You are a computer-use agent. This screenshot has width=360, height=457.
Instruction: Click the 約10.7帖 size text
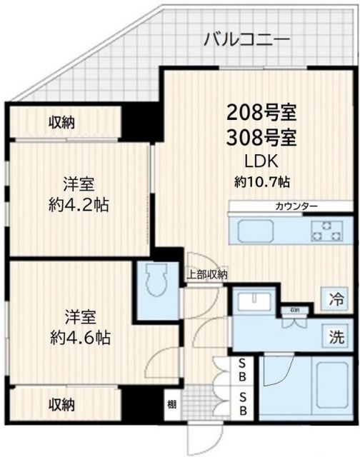261,181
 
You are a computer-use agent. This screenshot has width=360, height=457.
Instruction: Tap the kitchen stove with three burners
327,231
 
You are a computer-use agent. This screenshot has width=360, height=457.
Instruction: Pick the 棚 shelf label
171,404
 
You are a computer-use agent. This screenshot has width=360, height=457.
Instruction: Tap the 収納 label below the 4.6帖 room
61,404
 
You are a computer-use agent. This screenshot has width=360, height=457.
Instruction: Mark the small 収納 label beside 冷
295,310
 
